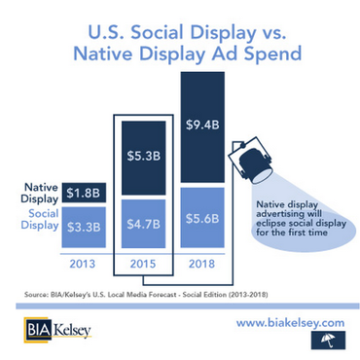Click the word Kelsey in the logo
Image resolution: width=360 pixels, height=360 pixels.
point(77,327)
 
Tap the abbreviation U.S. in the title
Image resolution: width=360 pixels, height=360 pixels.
point(93,23)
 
